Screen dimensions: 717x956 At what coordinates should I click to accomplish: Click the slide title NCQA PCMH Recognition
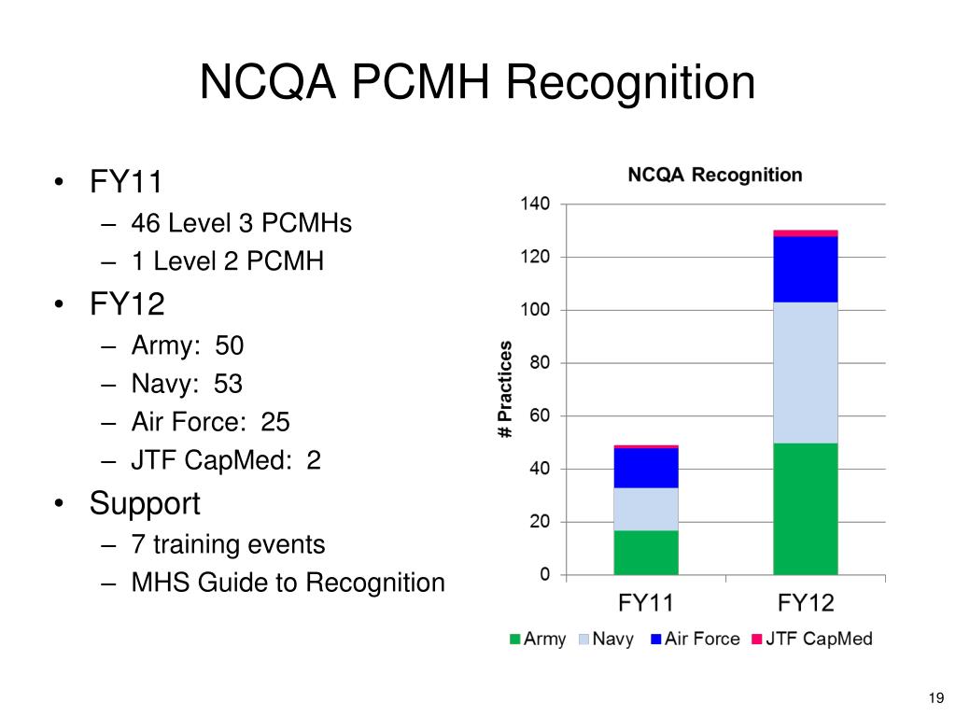tap(477, 82)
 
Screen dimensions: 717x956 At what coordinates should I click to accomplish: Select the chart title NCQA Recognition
tap(714, 175)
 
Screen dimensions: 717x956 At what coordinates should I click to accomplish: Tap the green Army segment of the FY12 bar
tap(805, 508)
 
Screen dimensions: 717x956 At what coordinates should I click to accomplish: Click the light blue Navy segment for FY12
tap(805, 372)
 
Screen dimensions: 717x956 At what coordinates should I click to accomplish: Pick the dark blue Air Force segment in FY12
tap(805, 269)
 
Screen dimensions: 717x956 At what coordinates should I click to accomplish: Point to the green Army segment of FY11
tap(646, 552)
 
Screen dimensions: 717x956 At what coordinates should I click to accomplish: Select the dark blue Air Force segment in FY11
tap(646, 468)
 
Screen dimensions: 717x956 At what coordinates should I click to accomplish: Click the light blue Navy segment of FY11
tap(646, 509)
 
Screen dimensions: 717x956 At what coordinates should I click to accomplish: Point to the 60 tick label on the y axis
tap(540, 415)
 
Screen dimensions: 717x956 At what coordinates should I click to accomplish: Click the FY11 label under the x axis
tap(646, 602)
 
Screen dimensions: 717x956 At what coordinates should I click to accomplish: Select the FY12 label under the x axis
tap(805, 602)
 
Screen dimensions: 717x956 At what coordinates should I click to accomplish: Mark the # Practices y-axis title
tap(505, 389)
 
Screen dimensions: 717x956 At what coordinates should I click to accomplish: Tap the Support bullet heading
tap(145, 503)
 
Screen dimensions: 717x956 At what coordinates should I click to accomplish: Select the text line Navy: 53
tap(187, 384)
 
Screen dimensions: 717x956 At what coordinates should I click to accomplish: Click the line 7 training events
tap(228, 544)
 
